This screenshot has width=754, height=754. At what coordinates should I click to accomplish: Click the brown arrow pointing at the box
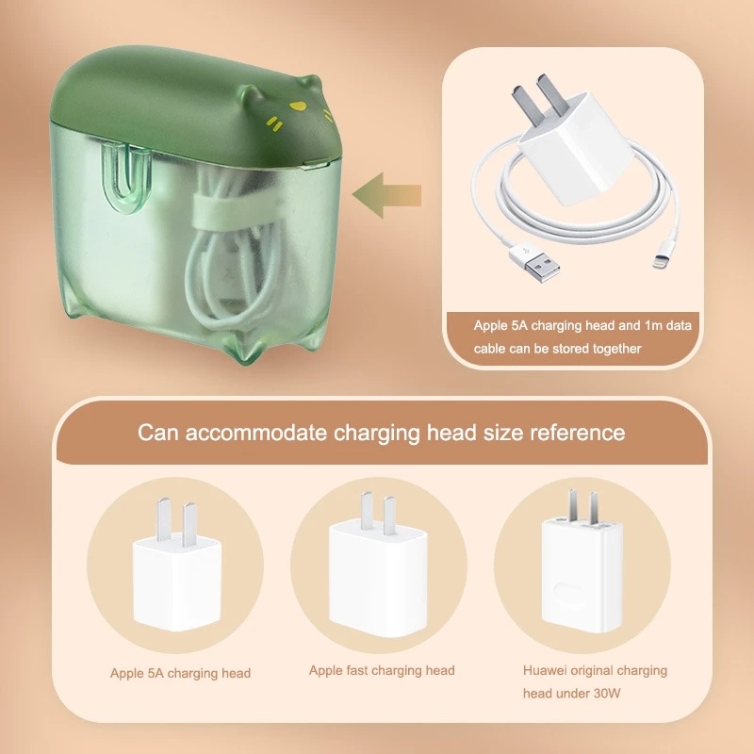pos(386,195)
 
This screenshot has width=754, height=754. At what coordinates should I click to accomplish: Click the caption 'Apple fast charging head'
pos(382,670)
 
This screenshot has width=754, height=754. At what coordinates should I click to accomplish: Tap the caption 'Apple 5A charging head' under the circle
pos(180,673)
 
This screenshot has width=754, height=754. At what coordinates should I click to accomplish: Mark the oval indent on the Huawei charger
pos(569,592)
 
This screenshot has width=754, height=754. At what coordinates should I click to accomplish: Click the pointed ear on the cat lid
pos(249,91)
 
